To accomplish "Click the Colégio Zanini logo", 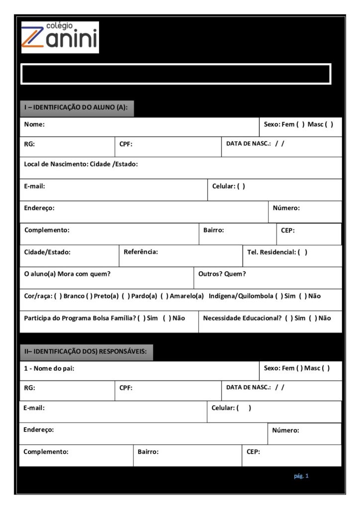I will (60, 37).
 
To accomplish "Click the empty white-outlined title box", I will (176, 74).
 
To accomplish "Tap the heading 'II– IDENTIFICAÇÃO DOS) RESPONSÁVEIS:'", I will (86, 351).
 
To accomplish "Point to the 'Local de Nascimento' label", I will (55, 164).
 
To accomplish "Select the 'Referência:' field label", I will (141, 252).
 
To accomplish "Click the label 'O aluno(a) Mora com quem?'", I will (67, 274).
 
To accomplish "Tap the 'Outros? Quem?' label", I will (222, 274).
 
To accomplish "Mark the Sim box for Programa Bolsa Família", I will (142, 318).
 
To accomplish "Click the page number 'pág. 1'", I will (301, 476).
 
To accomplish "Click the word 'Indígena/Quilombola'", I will (241, 296).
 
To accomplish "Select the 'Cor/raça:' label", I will (37, 296).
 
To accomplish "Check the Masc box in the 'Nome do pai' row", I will (326, 368).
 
